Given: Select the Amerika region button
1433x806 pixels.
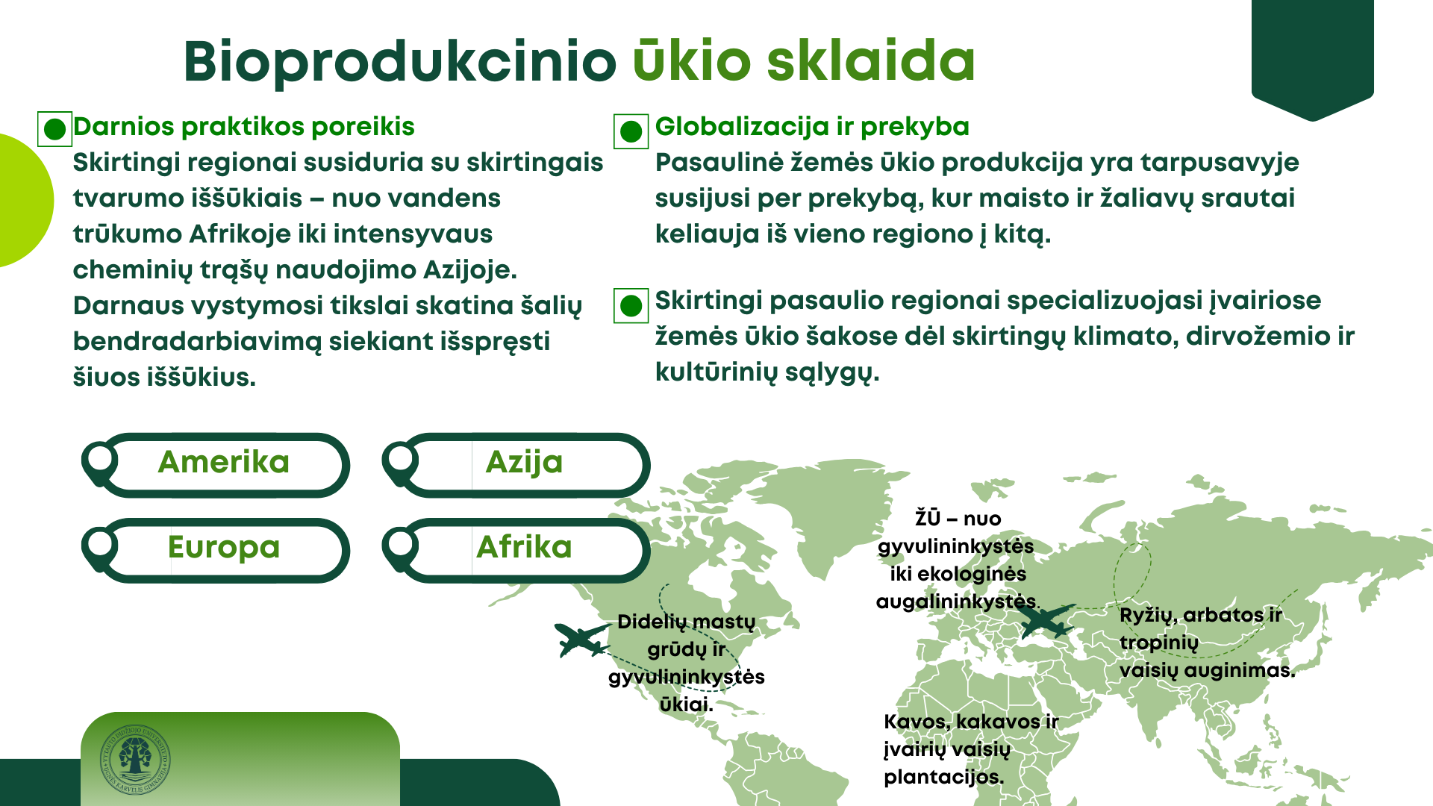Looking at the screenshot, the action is (x=216, y=465).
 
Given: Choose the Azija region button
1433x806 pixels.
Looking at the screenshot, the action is (x=516, y=465).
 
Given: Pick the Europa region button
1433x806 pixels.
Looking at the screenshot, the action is (x=216, y=550).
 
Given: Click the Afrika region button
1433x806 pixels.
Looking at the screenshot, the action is (x=516, y=550).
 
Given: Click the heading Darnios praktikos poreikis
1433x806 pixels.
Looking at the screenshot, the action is (x=243, y=127).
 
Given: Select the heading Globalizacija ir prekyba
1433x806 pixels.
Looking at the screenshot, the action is (x=812, y=127).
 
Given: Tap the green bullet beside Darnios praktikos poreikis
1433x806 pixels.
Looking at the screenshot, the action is (x=54, y=129).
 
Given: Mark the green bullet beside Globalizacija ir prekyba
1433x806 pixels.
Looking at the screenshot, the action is (x=631, y=131).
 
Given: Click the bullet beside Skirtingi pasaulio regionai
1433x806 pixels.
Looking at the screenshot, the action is (x=631, y=305).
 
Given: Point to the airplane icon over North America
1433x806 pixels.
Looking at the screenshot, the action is (x=582, y=640).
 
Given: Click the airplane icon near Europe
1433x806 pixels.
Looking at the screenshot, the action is (x=1045, y=620).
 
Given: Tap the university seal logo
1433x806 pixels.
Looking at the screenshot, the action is (x=135, y=760).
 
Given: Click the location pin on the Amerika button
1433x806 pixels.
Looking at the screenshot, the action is (x=99, y=463).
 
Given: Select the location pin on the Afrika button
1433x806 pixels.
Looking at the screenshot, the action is (x=400, y=549).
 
